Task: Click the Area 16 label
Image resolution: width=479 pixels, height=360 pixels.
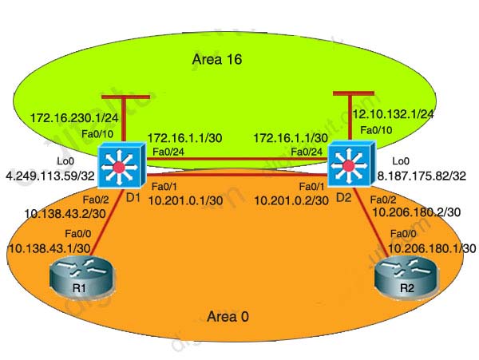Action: coord(216,59)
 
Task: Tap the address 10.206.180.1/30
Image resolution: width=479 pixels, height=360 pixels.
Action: coord(432,249)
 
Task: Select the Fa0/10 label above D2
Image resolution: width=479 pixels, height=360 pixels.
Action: coord(376,129)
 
